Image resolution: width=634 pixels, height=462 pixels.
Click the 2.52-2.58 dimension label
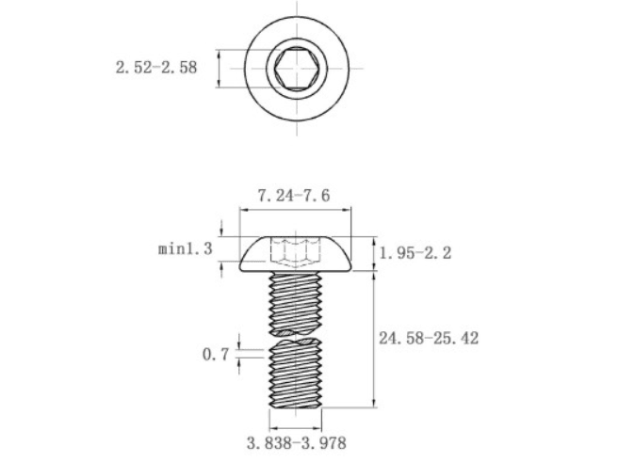click(156, 68)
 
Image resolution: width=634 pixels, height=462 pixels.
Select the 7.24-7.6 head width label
click(294, 196)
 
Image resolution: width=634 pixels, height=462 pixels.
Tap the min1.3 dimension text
click(186, 248)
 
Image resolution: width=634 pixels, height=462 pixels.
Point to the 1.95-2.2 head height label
click(415, 253)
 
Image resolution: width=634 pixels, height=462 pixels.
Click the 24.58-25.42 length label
click(429, 338)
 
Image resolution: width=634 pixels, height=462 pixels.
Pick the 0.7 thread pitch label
click(216, 355)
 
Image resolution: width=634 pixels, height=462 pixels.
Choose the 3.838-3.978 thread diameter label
click(297, 443)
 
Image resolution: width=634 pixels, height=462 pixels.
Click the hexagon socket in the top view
click(297, 69)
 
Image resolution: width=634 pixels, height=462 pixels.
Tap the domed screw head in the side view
click(296, 254)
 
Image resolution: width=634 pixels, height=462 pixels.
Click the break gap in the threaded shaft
click(296, 337)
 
